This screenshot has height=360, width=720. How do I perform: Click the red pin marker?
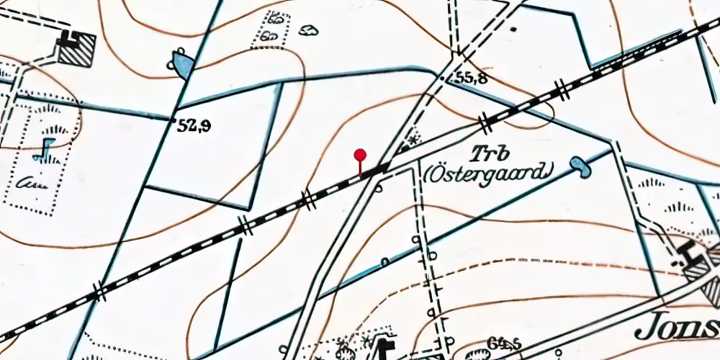(x=360, y=155)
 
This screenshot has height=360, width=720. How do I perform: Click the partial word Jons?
(x=677, y=328)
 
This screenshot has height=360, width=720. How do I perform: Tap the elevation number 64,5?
(x=504, y=343)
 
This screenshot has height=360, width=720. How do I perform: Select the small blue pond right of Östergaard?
(x=580, y=167)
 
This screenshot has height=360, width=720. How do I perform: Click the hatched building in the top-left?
(x=76, y=50)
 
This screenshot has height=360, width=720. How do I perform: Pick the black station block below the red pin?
(x=373, y=172)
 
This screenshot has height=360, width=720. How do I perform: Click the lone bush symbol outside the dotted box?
(x=309, y=30)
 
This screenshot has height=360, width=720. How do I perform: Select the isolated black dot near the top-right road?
(x=513, y=30)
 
